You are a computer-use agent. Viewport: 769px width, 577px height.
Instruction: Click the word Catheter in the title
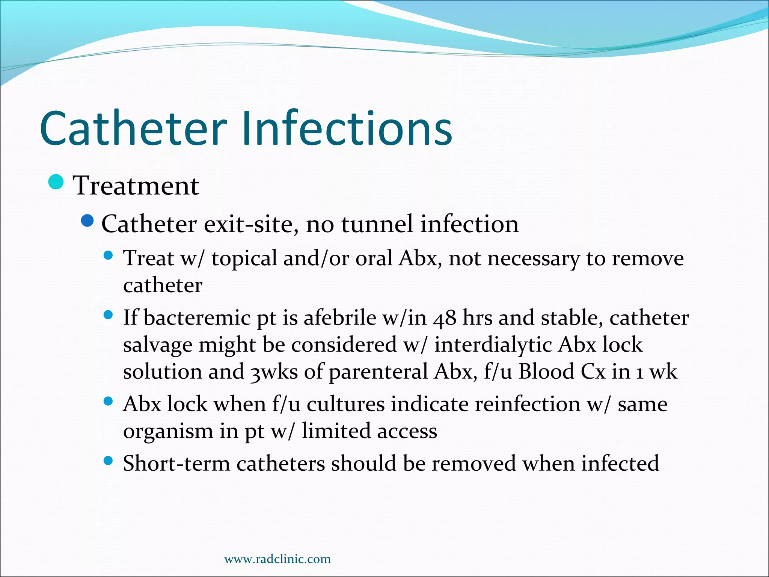(133, 128)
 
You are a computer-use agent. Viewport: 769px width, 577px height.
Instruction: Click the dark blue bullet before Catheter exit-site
(87, 221)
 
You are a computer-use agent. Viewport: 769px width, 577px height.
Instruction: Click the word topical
(244, 259)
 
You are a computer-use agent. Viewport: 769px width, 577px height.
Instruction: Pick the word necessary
(534, 259)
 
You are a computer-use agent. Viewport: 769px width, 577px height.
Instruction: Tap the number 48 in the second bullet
(445, 318)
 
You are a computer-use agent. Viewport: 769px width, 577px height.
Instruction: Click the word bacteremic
(197, 318)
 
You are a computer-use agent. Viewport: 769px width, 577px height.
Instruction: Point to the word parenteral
(378, 372)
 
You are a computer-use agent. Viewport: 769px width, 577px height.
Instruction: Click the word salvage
(158, 345)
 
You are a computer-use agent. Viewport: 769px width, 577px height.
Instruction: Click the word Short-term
(176, 464)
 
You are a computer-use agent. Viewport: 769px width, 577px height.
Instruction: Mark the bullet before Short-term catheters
(108, 461)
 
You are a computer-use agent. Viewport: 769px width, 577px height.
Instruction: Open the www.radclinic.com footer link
(277, 559)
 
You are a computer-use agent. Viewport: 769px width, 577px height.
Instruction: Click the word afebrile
(340, 318)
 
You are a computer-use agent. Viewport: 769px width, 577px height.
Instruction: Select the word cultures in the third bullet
(345, 405)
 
